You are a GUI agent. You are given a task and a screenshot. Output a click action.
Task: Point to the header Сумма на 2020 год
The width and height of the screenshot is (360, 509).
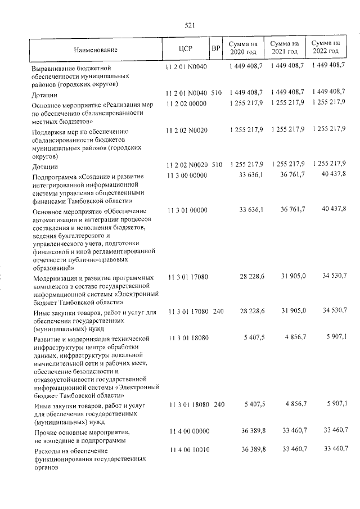click(243, 48)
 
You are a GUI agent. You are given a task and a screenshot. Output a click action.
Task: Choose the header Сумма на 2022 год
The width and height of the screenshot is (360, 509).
click(326, 48)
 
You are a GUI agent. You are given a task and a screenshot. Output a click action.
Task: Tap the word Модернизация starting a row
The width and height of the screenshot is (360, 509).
click(58, 278)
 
